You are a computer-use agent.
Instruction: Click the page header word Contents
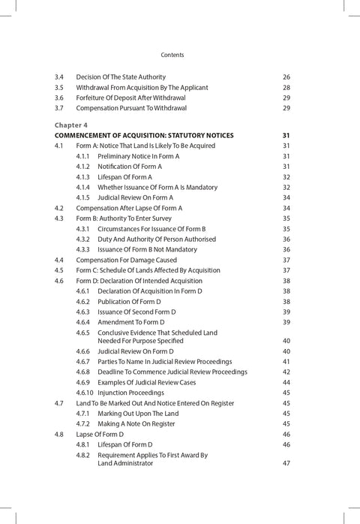pyautogui.click(x=172, y=55)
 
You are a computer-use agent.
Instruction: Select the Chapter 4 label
pyautogui.click(x=70, y=125)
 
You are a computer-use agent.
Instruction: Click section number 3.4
pyautogui.click(x=59, y=77)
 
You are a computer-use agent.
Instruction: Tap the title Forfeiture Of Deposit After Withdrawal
pyautogui.click(x=139, y=98)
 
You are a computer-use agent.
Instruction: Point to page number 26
pyautogui.click(x=286, y=77)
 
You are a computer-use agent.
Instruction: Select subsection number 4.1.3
pyautogui.click(x=82, y=176)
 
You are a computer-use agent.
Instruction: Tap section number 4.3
pyautogui.click(x=59, y=218)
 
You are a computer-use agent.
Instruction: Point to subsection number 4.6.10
pyautogui.click(x=85, y=392)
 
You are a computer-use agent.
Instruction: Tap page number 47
pyautogui.click(x=286, y=463)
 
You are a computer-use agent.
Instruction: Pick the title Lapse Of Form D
pyautogui.click(x=100, y=434)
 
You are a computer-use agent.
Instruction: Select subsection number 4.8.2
pyautogui.click(x=82, y=455)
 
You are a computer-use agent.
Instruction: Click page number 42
pyautogui.click(x=286, y=372)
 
